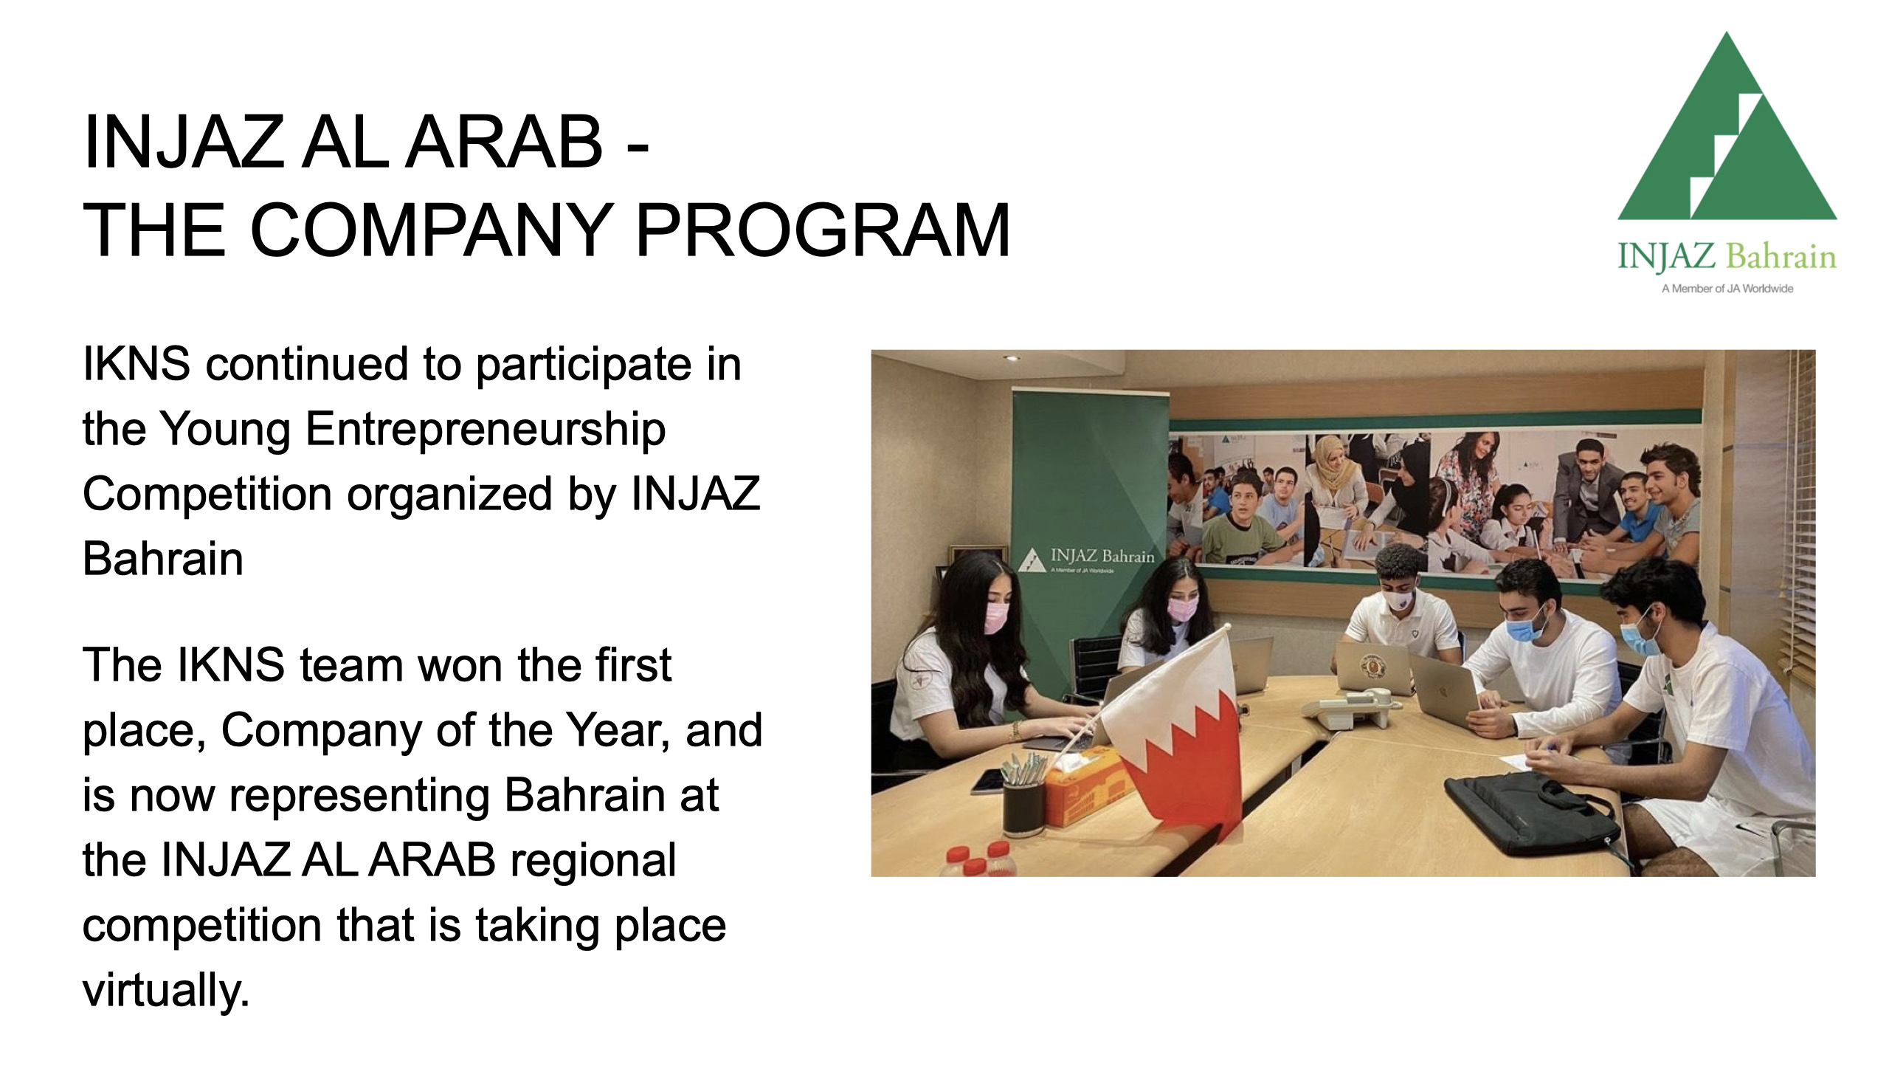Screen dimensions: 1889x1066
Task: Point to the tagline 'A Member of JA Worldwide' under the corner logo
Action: pyautogui.click(x=1727, y=289)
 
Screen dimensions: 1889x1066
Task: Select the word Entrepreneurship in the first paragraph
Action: pyautogui.click(x=485, y=430)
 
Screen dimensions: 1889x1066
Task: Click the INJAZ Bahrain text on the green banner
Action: pyautogui.click(x=1102, y=556)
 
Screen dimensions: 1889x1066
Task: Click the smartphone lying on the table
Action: pyautogui.click(x=987, y=781)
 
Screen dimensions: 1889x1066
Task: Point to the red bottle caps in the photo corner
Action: pyautogui.click(x=981, y=859)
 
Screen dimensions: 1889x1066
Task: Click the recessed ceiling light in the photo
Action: pyautogui.click(x=1012, y=358)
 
